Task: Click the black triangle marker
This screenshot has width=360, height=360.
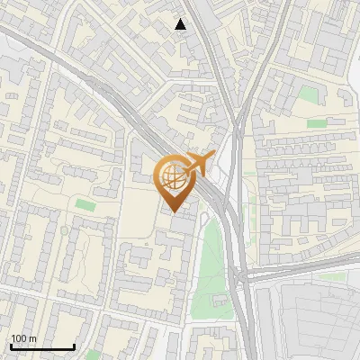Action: click(181, 24)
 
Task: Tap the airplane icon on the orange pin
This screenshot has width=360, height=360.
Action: click(196, 165)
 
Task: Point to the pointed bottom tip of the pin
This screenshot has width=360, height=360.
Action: click(171, 211)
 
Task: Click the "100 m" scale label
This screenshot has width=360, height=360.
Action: click(23, 338)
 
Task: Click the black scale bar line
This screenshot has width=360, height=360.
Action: click(41, 346)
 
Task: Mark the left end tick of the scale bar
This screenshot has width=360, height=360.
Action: click(10, 345)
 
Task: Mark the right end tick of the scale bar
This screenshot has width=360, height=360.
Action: click(74, 345)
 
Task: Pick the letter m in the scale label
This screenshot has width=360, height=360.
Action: click(32, 338)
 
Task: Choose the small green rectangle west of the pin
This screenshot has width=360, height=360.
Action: click(85, 205)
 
